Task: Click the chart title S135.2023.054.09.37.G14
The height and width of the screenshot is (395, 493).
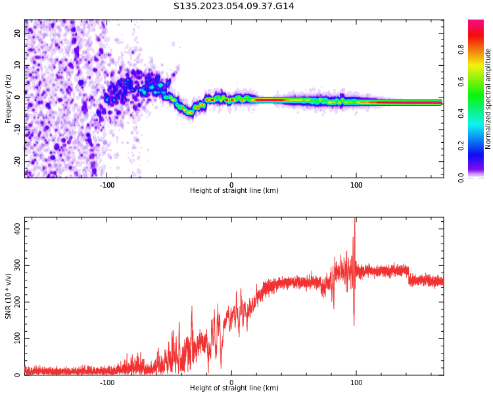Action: point(234,7)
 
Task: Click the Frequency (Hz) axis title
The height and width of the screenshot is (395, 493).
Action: point(9,98)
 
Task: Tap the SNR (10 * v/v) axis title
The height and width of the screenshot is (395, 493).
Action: point(9,296)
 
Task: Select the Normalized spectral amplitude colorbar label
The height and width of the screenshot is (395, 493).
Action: point(488,98)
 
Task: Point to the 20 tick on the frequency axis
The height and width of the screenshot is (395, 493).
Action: point(18,34)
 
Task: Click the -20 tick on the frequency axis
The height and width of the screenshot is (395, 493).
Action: point(18,161)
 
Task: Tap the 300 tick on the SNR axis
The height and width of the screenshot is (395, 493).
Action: point(15,265)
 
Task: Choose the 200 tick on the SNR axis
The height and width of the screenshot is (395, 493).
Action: point(15,302)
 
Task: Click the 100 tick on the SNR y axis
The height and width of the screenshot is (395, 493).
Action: point(15,338)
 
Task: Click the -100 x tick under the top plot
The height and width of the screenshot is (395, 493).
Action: point(107,185)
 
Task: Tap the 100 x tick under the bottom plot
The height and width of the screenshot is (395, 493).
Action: point(356,382)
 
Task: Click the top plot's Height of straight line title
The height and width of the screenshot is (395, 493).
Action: point(234,191)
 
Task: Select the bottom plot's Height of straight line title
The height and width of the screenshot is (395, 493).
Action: point(234,388)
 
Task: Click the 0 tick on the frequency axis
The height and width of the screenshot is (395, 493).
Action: point(18,97)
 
